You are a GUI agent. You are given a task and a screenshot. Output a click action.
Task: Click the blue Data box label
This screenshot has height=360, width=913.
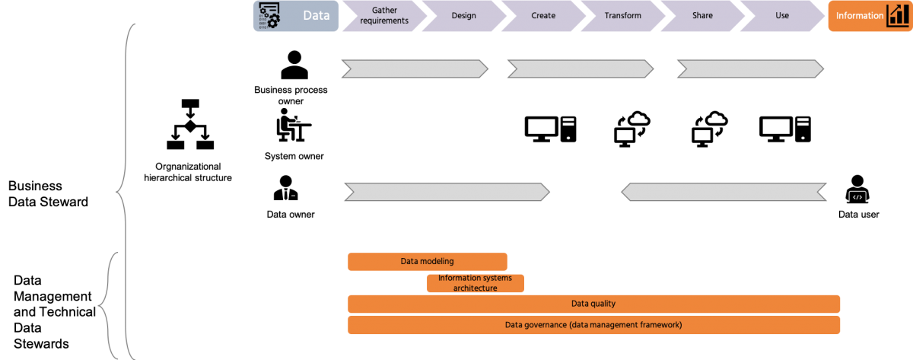(x=316, y=16)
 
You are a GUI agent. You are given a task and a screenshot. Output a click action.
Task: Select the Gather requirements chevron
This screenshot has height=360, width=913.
(x=384, y=16)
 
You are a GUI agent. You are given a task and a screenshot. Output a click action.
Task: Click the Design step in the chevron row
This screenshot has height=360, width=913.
(x=464, y=16)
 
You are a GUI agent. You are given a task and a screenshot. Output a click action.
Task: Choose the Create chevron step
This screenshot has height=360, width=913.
(x=543, y=16)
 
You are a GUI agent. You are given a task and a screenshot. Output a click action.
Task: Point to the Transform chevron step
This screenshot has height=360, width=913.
(x=622, y=16)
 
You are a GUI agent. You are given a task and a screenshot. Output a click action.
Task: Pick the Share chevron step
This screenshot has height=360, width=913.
(x=702, y=16)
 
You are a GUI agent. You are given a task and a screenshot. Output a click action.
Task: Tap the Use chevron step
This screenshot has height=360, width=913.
(x=781, y=16)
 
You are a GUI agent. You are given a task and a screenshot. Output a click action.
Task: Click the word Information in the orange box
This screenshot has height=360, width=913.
(x=859, y=16)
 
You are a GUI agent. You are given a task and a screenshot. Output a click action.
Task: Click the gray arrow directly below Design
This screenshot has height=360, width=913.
(x=415, y=69)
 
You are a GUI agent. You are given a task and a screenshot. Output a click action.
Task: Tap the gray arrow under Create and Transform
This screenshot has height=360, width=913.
(x=581, y=69)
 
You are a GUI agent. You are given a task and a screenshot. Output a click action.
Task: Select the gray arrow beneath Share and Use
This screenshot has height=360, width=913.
(x=750, y=69)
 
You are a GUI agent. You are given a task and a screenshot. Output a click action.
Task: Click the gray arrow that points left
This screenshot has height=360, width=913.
(x=724, y=192)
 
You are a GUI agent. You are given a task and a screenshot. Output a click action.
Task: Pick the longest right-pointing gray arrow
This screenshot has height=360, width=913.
(x=447, y=192)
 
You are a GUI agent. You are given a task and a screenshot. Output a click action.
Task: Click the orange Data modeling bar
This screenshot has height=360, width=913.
(x=427, y=262)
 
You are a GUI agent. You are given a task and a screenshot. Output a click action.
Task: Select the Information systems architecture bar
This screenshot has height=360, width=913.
(x=476, y=283)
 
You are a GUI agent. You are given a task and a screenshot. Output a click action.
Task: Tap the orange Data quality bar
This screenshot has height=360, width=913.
(x=593, y=304)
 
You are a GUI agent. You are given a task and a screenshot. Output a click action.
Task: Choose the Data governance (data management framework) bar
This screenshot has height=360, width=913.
(x=593, y=325)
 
